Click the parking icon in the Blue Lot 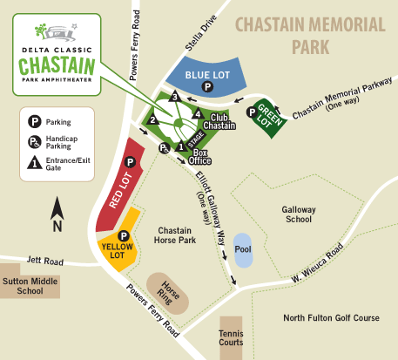(x=207, y=87)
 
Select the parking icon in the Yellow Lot (x=123, y=234)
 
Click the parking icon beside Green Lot (x=251, y=111)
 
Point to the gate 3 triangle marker (x=175, y=97)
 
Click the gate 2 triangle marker (x=152, y=119)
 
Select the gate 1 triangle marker (x=181, y=146)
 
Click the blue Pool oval (x=243, y=250)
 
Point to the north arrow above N (x=57, y=207)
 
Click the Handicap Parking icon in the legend (x=35, y=141)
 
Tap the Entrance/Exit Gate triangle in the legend (x=35, y=163)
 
